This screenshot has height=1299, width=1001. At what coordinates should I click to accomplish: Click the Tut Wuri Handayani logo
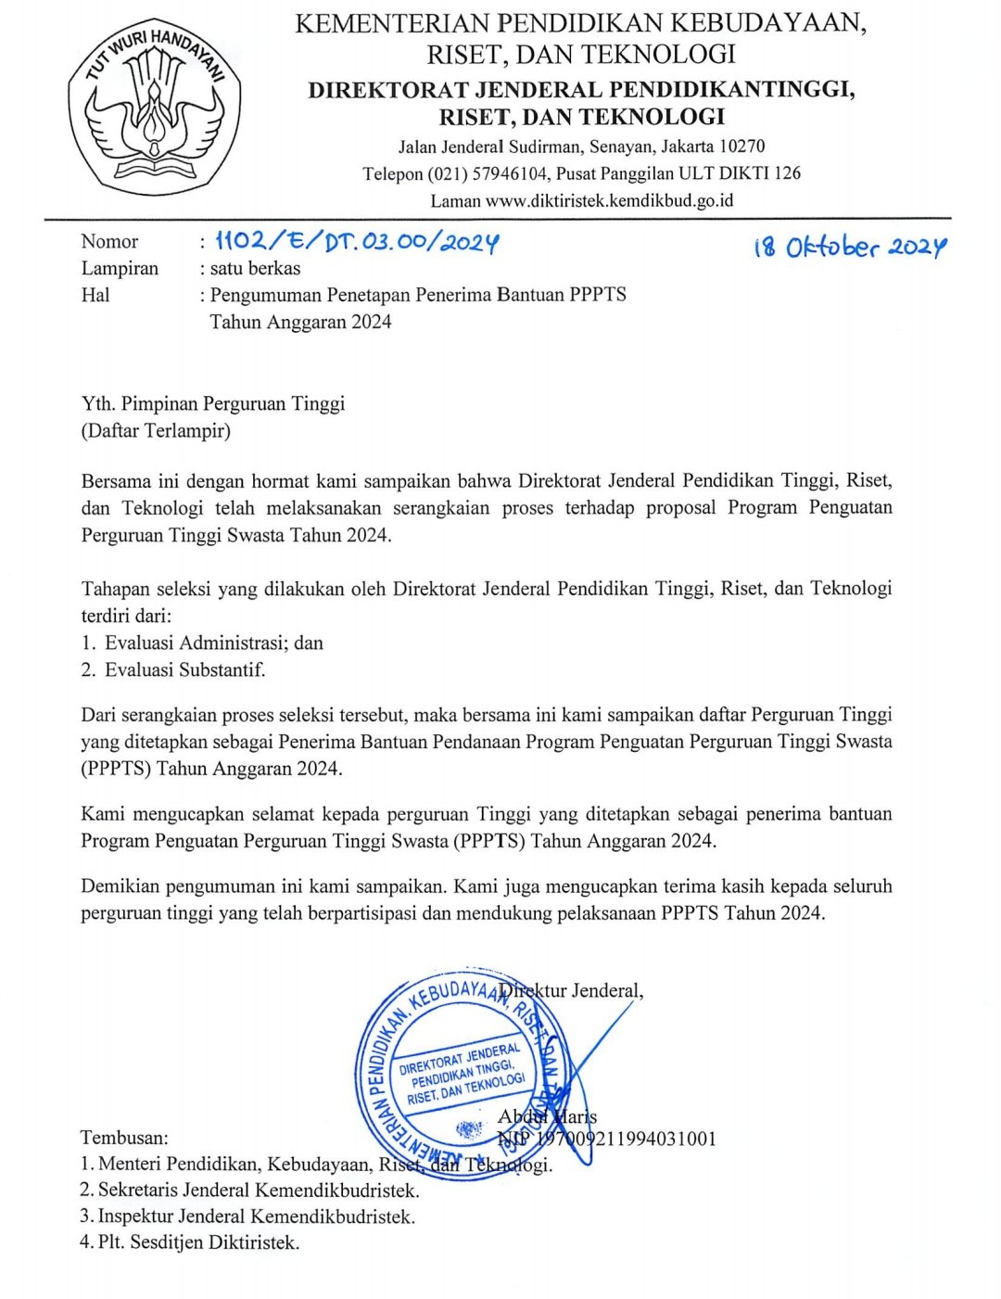coord(154,108)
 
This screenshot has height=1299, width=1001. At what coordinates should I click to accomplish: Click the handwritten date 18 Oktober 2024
coord(850,248)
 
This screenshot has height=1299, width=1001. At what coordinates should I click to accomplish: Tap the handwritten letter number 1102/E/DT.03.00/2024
coord(358,242)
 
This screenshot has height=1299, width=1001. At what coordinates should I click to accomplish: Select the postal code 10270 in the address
coord(742,146)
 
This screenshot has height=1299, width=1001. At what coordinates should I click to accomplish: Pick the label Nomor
coord(109,242)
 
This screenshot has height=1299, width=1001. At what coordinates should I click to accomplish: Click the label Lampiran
coord(120,269)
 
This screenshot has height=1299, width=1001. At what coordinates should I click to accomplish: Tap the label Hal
coord(95,296)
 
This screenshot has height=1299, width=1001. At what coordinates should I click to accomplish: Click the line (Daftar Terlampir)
coord(156,430)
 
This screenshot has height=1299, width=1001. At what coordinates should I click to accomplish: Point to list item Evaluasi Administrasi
coord(213,643)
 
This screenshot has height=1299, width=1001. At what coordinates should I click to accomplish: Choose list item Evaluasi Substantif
coord(184,669)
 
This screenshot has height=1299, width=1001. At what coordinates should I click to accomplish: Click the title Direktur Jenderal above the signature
coord(571,990)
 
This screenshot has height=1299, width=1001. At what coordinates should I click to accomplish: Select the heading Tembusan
coord(125,1138)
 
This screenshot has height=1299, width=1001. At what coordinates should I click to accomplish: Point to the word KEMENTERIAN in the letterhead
coord(392,23)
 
